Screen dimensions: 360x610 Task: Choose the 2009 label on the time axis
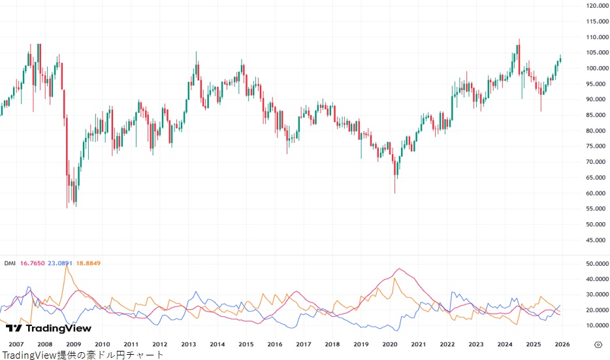73,344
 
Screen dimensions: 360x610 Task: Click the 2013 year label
188,344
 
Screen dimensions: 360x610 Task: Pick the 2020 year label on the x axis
390,344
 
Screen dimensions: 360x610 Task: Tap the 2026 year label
562,344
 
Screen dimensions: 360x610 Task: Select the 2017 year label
303,344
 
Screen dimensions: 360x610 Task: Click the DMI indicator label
10,263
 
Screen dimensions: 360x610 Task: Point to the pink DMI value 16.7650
33,263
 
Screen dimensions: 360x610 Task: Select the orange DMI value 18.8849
88,263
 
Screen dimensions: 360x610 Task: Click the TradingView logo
49,329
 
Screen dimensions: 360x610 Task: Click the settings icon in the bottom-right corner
598,344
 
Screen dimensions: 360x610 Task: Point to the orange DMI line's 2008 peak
66,266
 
